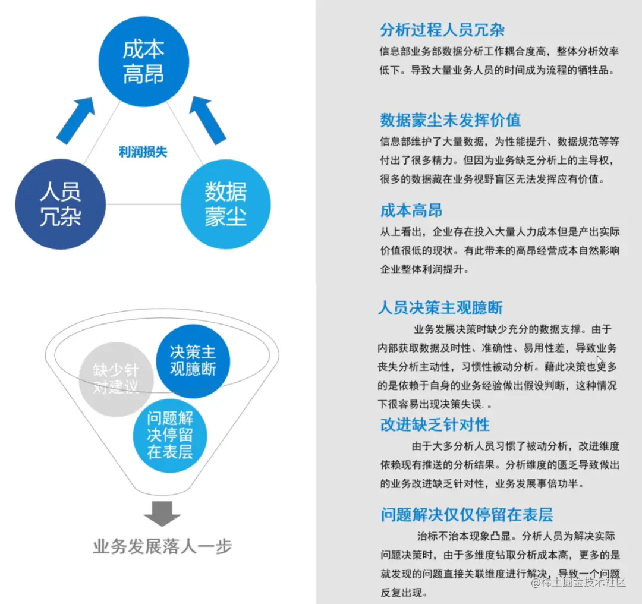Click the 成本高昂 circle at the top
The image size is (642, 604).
(x=143, y=62)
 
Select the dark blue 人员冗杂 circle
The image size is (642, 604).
(x=61, y=204)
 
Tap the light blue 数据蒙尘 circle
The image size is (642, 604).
(x=226, y=204)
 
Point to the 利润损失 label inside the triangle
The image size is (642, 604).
(x=143, y=152)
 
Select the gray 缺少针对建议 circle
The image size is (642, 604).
(x=117, y=379)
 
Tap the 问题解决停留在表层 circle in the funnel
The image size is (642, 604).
(x=170, y=435)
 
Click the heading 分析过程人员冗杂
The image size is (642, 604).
(x=442, y=30)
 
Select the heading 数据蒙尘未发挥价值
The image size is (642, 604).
(x=450, y=120)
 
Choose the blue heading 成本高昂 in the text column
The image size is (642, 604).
(x=411, y=210)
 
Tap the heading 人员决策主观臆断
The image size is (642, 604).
(x=440, y=308)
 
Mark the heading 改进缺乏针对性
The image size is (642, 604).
(x=435, y=424)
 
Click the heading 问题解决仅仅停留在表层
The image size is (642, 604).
(x=467, y=515)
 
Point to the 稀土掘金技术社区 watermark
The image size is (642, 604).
(x=580, y=583)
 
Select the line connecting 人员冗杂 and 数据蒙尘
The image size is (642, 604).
(x=143, y=204)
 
